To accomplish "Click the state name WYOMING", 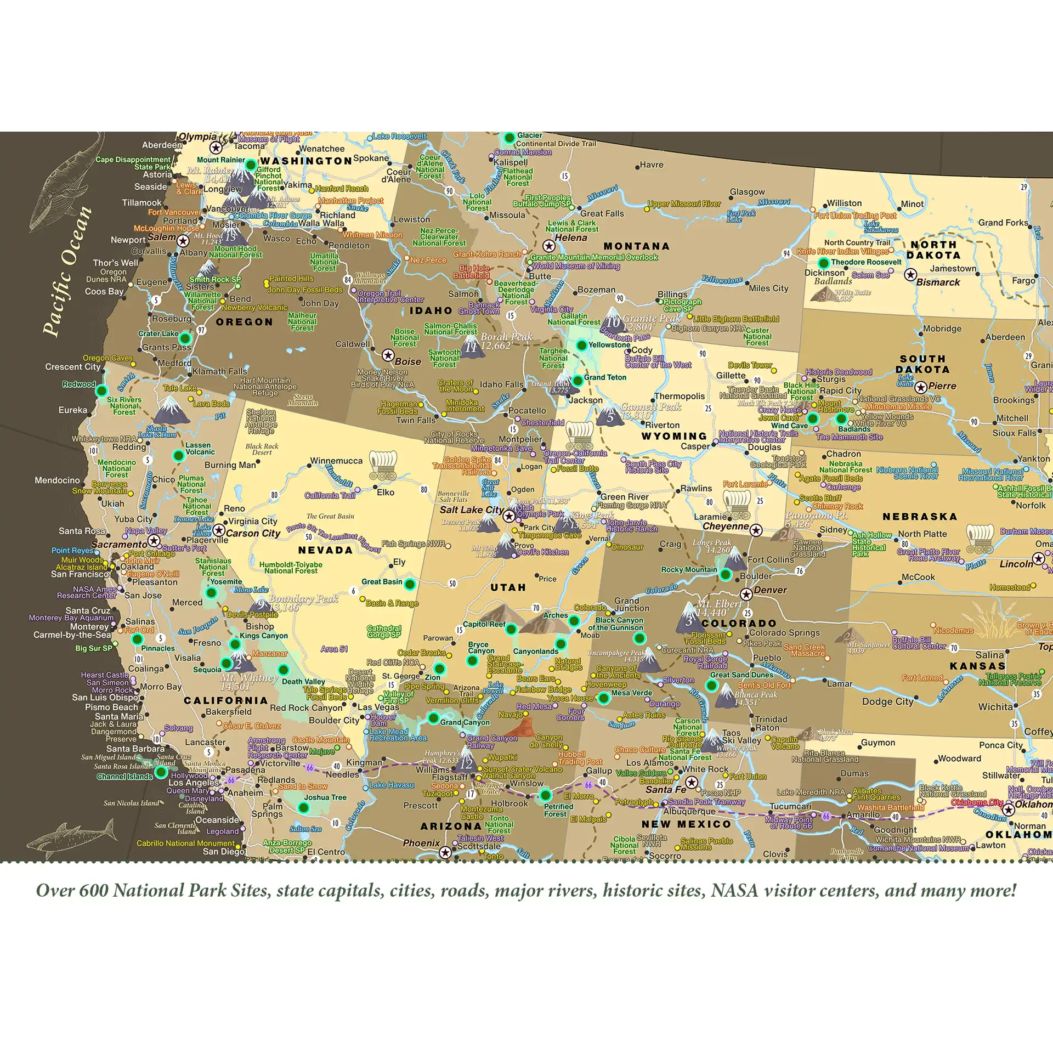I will [x=674, y=436].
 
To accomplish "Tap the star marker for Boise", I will [x=388, y=355].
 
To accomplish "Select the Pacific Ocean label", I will [x=67, y=271].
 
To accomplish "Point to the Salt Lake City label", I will [x=471, y=509].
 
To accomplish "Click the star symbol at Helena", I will [x=548, y=246].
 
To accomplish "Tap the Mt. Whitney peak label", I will [x=249, y=682].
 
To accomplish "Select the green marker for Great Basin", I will [x=409, y=584].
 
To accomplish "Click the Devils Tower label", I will [x=749, y=365].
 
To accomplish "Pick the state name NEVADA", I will [x=325, y=550].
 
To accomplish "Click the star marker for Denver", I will [x=746, y=595].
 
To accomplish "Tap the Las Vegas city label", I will [x=378, y=707].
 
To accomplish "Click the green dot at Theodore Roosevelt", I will [x=823, y=263].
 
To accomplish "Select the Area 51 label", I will [x=334, y=649].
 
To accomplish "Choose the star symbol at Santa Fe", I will [x=692, y=782].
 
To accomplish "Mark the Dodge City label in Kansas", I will [x=887, y=701].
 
